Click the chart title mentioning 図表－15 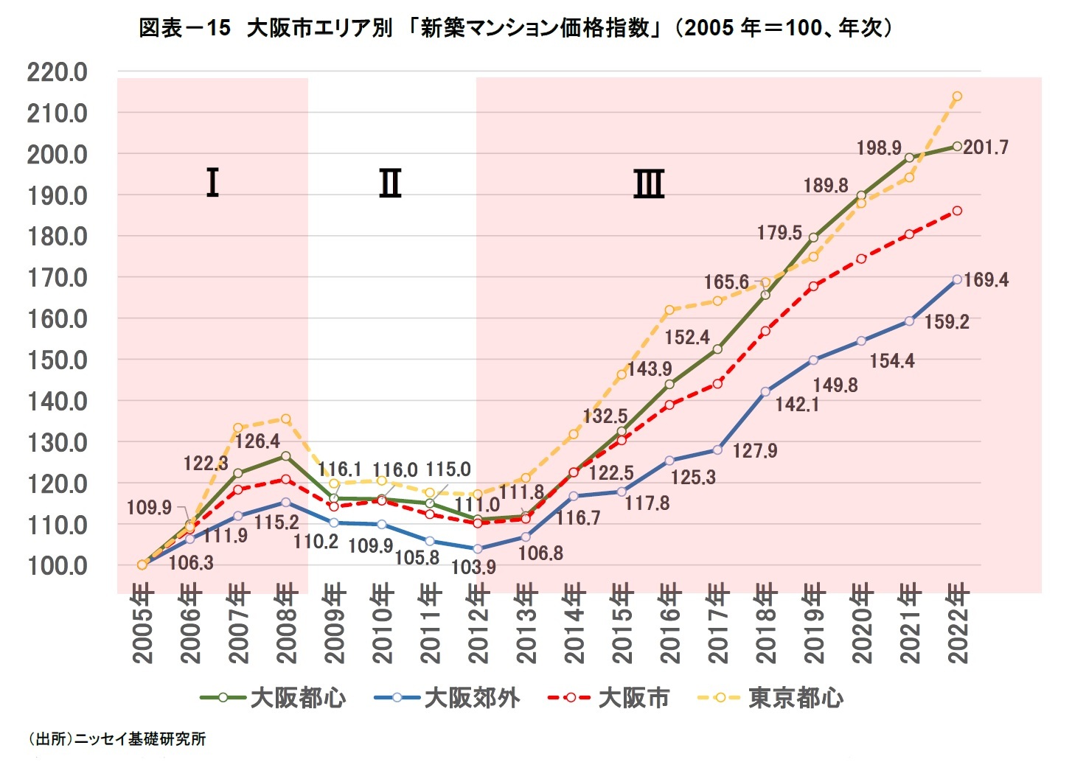515,28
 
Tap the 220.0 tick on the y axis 58,72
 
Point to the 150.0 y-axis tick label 58,360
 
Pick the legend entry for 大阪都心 273,697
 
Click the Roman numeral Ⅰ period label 212,183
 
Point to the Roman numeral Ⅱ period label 390,183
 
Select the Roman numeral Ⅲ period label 649,183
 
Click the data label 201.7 986,147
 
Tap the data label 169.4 986,280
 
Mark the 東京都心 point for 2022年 957,97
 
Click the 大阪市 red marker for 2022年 957,211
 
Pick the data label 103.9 473,567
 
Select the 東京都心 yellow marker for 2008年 285,419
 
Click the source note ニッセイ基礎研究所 118,738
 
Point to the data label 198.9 879,148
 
